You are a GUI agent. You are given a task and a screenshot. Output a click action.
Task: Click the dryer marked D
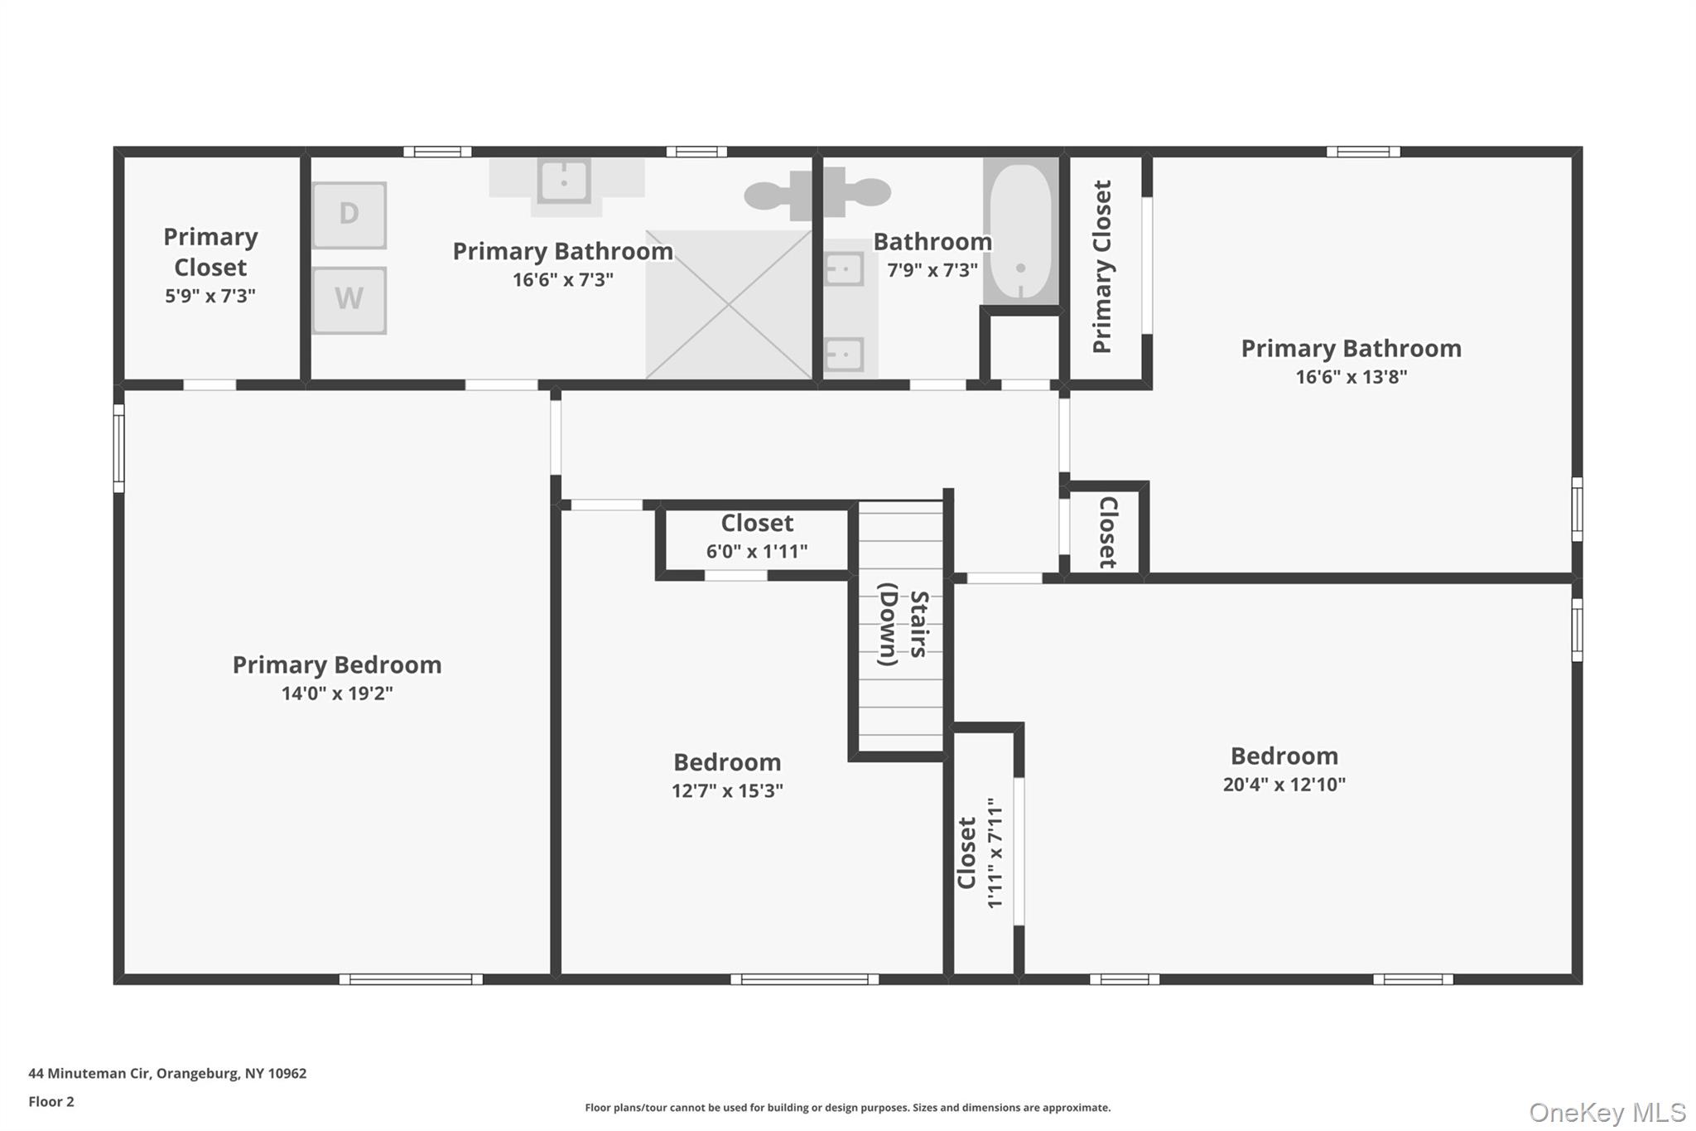(x=349, y=215)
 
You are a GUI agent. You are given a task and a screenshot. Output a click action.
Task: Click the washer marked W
(x=349, y=299)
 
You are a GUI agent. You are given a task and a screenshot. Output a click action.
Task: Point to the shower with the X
(x=728, y=304)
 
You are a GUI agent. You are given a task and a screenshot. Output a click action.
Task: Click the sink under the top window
(x=564, y=180)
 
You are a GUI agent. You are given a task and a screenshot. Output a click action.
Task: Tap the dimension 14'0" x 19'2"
(x=336, y=694)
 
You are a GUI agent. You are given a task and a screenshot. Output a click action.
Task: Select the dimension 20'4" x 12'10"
(x=1284, y=785)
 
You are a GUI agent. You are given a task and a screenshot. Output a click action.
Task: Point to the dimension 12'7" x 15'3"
(x=727, y=790)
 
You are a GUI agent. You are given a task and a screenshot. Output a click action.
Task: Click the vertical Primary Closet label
(x=1102, y=267)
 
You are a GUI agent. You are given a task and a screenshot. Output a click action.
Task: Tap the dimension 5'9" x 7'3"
(x=210, y=296)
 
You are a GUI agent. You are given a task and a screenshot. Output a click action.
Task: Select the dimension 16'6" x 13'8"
(x=1351, y=377)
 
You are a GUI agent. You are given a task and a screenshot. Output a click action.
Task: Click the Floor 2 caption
(x=51, y=1101)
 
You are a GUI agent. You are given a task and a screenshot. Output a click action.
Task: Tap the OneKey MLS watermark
(x=1607, y=1112)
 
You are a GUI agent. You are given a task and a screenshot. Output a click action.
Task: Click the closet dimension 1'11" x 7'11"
(x=995, y=853)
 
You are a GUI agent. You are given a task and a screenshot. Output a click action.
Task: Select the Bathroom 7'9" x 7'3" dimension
(x=932, y=270)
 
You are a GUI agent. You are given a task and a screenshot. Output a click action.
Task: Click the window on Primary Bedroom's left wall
(x=118, y=448)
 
